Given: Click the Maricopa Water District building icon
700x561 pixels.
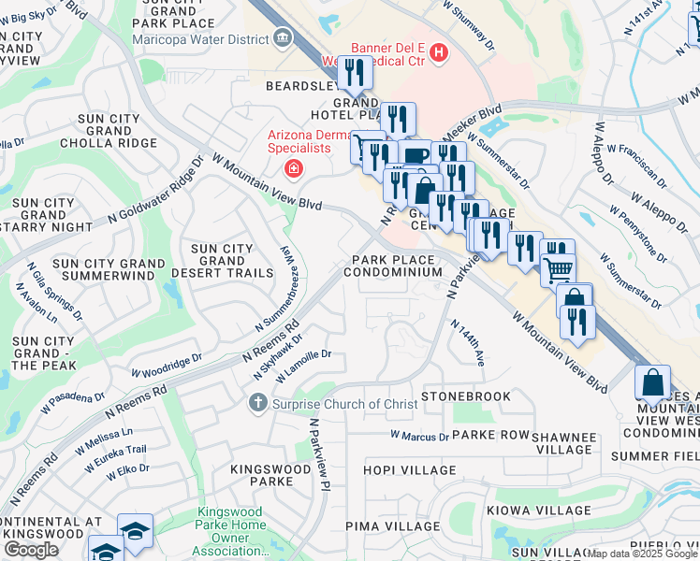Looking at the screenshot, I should pyautogui.click(x=282, y=37).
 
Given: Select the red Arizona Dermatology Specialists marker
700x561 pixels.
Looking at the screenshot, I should pyautogui.click(x=293, y=168).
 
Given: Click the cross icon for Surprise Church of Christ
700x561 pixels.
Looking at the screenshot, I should pyautogui.click(x=256, y=403).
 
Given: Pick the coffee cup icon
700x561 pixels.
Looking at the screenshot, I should pyautogui.click(x=416, y=154).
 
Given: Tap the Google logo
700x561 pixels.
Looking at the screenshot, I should pyautogui.click(x=31, y=550).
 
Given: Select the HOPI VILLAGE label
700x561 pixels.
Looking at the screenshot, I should pyautogui.click(x=403, y=470).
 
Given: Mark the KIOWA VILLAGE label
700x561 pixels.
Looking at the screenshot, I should pyautogui.click(x=529, y=511).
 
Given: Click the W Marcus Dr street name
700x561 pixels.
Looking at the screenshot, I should pyautogui.click(x=420, y=436).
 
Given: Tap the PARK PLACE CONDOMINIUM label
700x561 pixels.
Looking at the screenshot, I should pyautogui.click(x=392, y=266).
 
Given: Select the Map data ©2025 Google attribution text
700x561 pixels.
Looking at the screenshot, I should pyautogui.click(x=642, y=554).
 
